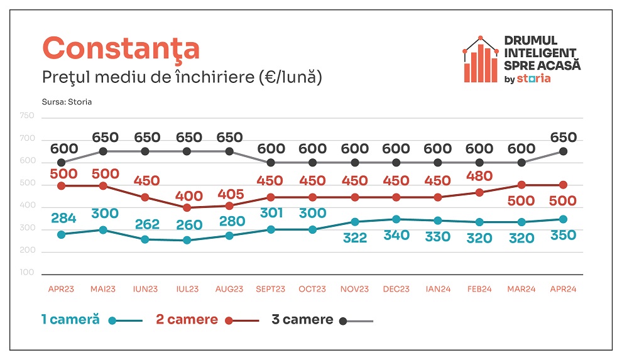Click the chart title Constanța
[121, 48]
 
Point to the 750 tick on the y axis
[27, 116]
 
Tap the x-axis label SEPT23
[271, 290]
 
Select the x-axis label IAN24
[438, 290]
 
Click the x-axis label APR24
[563, 290]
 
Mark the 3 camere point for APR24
[564, 151]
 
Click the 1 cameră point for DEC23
[396, 219]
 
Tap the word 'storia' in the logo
[534, 79]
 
